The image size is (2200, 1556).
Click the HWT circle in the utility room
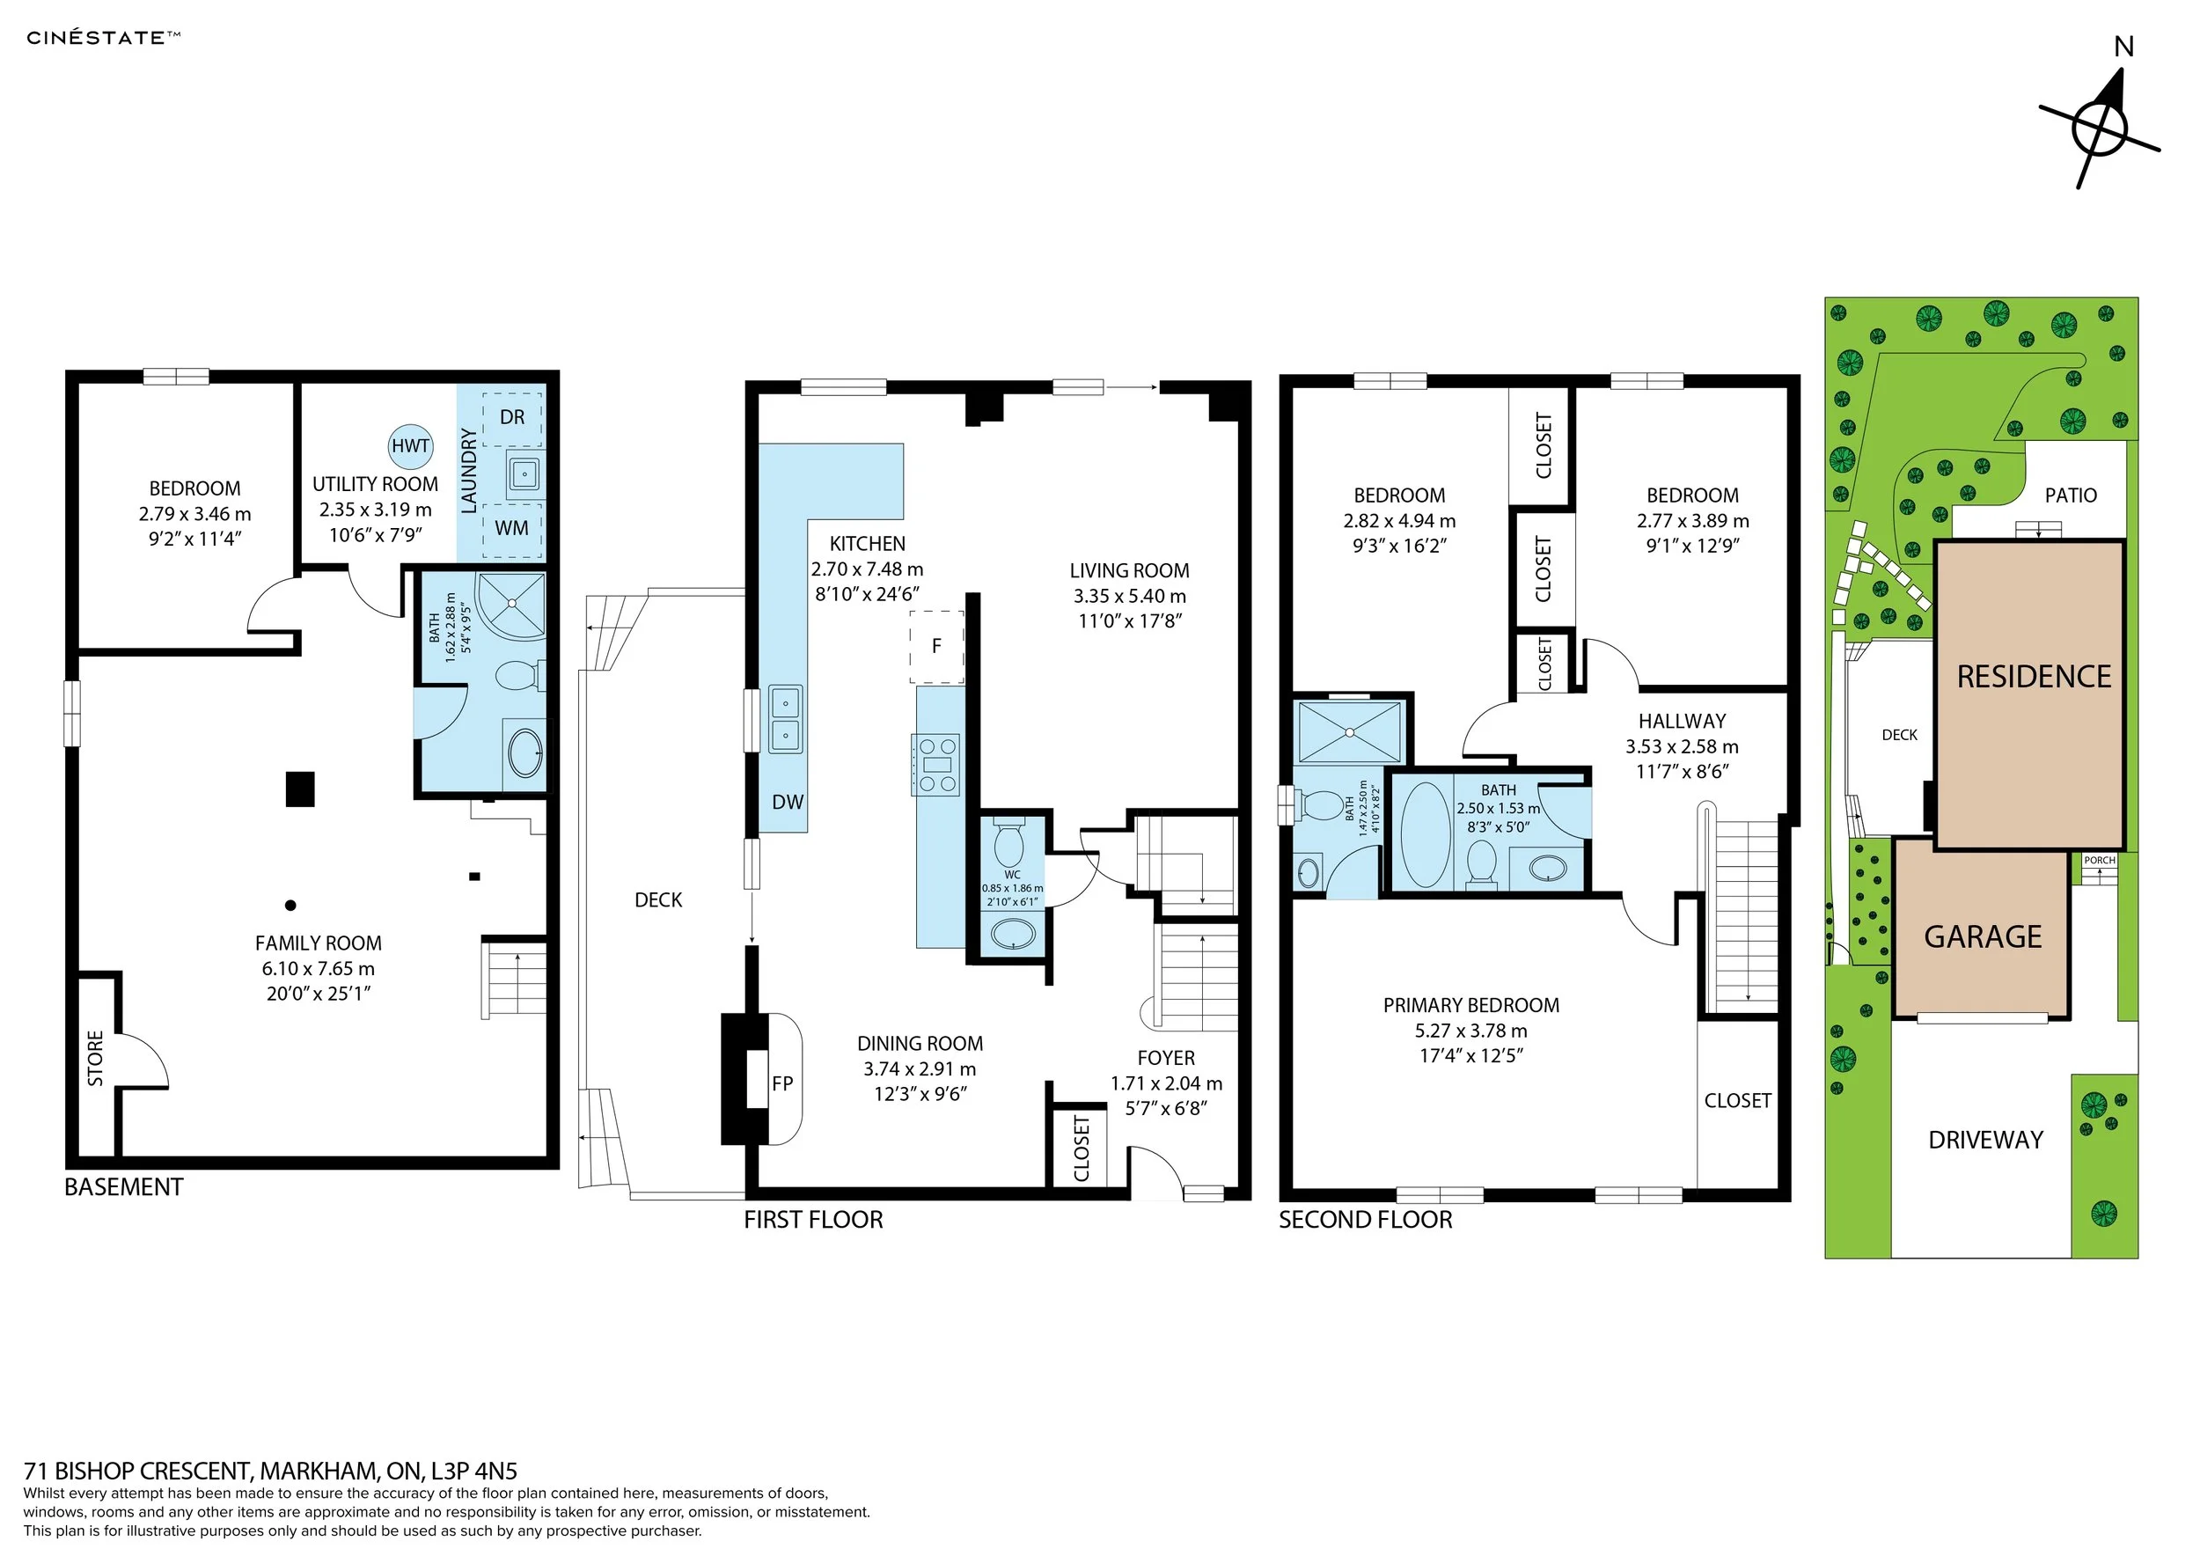pyautogui.click(x=410, y=445)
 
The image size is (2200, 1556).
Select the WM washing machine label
pyautogui.click(x=511, y=528)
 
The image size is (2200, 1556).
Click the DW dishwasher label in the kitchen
pyautogui.click(x=788, y=802)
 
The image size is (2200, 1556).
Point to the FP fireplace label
pyautogui.click(x=782, y=1083)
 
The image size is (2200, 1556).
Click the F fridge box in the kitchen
pyautogui.click(x=937, y=647)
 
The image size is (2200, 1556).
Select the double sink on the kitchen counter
pyautogui.click(x=786, y=720)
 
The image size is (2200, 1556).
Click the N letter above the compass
pyautogui.click(x=2124, y=47)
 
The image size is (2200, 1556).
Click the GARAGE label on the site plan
pyautogui.click(x=1984, y=936)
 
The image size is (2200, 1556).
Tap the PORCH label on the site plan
pyautogui.click(x=2100, y=861)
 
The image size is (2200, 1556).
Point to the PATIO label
pyautogui.click(x=2071, y=495)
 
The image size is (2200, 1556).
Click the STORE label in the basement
pyautogui.click(x=96, y=1059)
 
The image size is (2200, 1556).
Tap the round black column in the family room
pyautogui.click(x=290, y=906)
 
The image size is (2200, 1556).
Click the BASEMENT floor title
pyautogui.click(x=123, y=1187)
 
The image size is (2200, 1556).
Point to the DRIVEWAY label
pyautogui.click(x=1986, y=1141)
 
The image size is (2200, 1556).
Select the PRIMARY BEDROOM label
pyautogui.click(x=1470, y=1005)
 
